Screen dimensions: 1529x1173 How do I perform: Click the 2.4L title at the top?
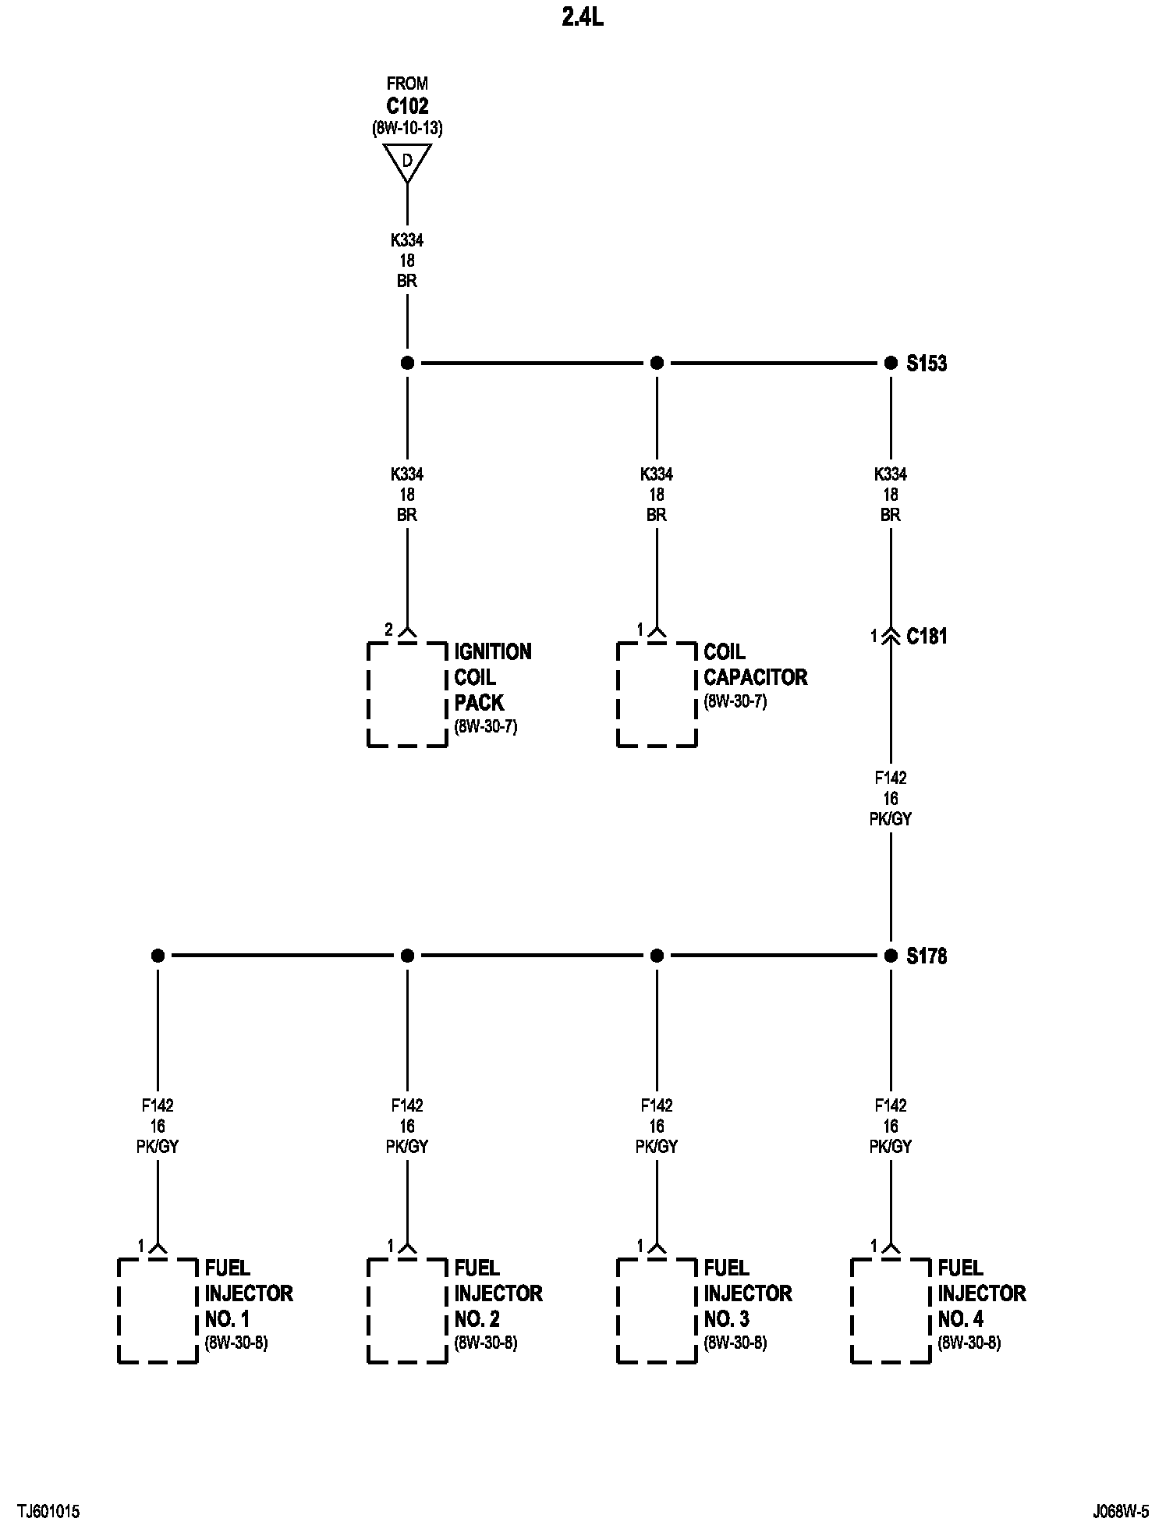point(582,18)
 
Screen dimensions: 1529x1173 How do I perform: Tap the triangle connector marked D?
point(407,162)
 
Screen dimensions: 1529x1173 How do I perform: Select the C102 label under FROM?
point(407,106)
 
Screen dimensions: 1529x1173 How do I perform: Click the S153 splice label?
point(927,364)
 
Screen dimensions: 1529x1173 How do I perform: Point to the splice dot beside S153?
point(891,363)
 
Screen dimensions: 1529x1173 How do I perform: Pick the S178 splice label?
point(927,956)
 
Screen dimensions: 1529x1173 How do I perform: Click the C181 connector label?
point(927,637)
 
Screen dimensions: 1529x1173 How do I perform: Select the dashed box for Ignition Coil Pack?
point(407,694)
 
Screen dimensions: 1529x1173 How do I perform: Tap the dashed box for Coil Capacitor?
point(657,694)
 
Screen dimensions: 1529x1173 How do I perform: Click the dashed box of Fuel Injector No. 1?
point(158,1311)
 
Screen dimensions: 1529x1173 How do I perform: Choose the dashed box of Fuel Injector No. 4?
point(891,1311)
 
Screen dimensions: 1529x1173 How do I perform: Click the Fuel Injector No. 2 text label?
point(498,1293)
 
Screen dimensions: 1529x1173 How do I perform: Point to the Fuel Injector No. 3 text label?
point(748,1293)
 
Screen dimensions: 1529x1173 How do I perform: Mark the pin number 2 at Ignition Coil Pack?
point(388,630)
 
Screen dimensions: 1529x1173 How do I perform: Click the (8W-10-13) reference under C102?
point(407,129)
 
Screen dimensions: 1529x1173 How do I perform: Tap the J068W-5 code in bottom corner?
point(1121,1512)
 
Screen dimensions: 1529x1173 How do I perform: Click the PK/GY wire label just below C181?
point(891,819)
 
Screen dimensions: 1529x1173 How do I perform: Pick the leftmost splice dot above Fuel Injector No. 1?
point(158,956)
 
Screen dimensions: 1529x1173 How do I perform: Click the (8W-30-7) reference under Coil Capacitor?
point(735,701)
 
